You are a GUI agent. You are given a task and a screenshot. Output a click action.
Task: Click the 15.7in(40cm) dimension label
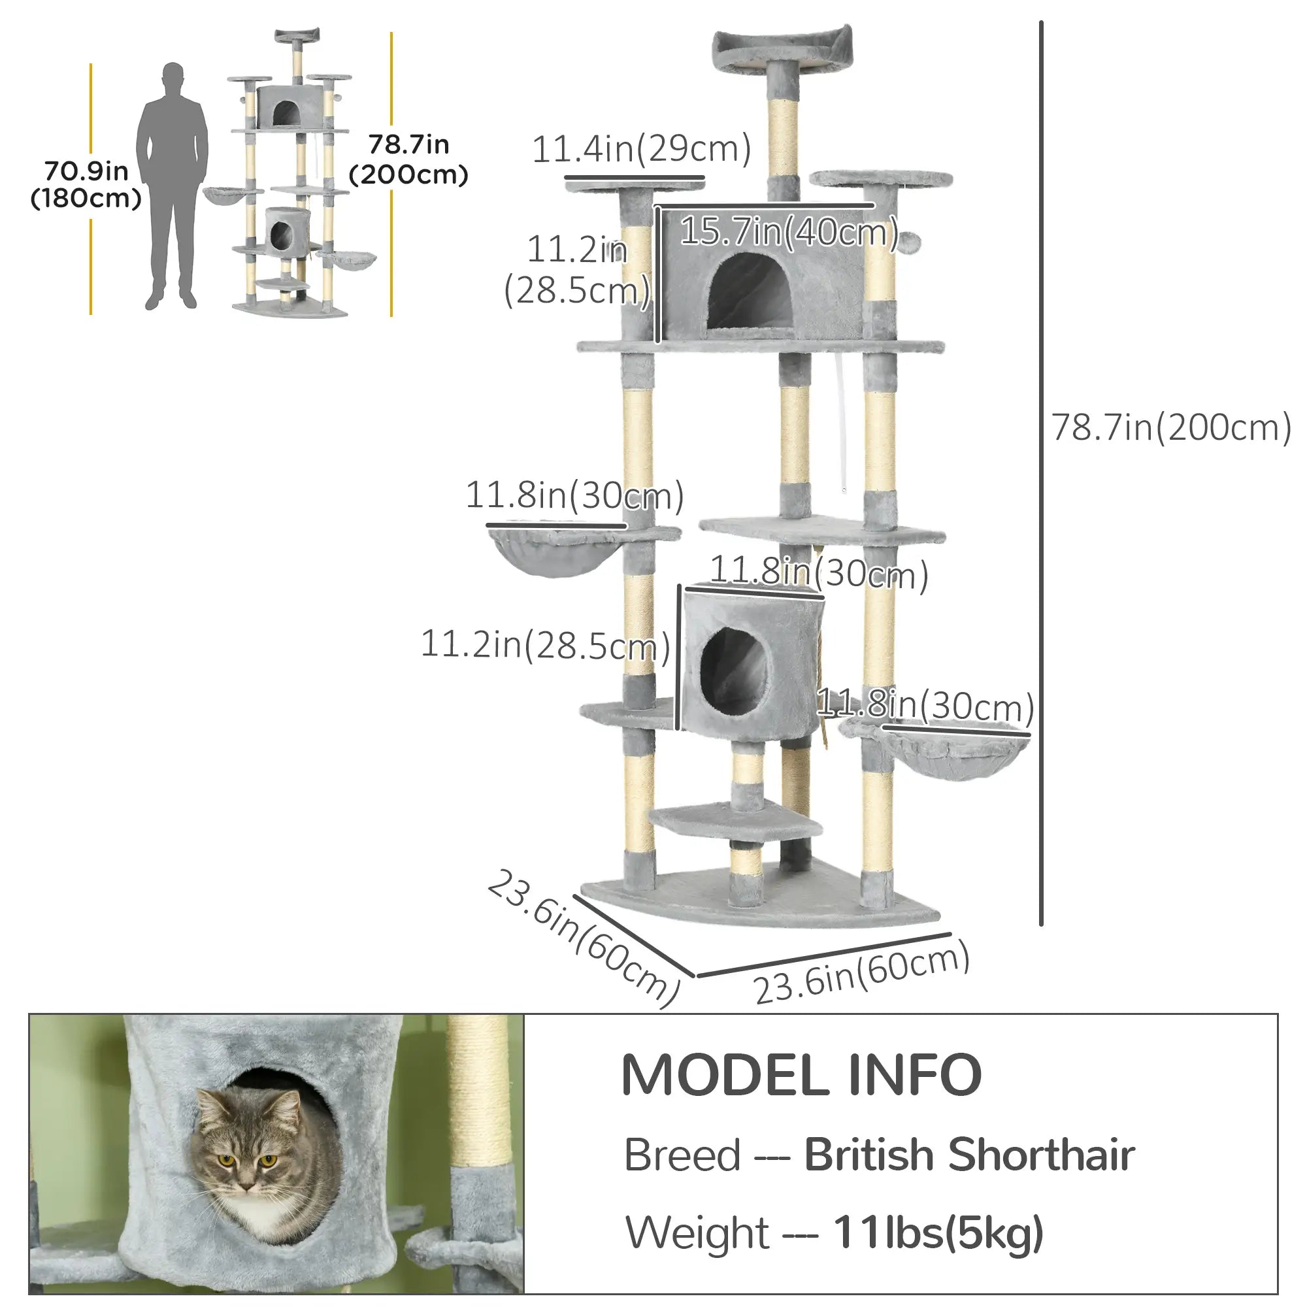click(x=788, y=232)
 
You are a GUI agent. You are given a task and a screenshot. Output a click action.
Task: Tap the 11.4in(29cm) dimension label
click(x=641, y=149)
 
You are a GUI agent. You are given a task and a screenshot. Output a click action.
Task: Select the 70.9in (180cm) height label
click(x=86, y=184)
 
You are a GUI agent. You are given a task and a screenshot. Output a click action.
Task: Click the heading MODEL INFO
click(x=801, y=1076)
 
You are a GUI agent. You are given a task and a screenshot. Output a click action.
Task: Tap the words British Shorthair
click(x=968, y=1155)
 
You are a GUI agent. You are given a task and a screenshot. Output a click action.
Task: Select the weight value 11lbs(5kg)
click(x=938, y=1233)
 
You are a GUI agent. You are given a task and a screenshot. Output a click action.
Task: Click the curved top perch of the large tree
click(x=782, y=50)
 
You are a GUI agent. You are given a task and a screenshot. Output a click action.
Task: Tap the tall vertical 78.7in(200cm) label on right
click(x=1170, y=427)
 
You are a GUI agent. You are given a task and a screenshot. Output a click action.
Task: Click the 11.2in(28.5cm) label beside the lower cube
click(x=544, y=644)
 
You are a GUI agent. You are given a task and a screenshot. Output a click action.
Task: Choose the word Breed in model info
click(x=682, y=1155)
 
